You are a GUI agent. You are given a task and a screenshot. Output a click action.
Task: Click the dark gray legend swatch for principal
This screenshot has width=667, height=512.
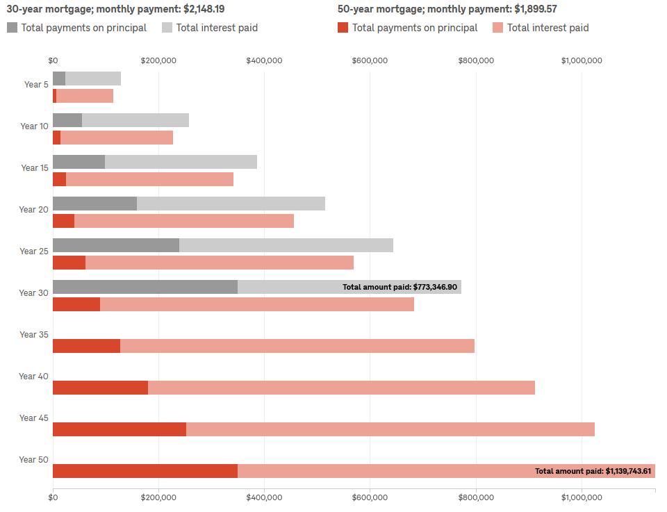pos(13,28)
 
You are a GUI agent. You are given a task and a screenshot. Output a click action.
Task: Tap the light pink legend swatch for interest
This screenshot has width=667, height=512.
pos(498,28)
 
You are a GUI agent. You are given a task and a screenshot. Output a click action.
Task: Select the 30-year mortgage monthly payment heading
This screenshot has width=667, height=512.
pos(115,9)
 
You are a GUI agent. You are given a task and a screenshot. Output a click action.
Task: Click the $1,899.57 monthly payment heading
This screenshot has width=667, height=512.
pos(447,9)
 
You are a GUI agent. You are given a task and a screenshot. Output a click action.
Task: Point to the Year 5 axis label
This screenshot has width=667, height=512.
pos(36,85)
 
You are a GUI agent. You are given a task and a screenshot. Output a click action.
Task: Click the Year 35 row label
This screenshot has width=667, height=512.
pos(33,335)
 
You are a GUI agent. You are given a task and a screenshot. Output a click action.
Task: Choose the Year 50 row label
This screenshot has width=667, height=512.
pos(33,460)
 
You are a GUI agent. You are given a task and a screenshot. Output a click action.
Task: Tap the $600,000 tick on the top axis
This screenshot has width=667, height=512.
pos(370,60)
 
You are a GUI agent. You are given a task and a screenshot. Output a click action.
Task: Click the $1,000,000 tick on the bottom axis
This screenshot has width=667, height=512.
pos(582,497)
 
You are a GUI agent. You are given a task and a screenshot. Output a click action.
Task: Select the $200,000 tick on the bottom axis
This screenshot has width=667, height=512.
pos(158,497)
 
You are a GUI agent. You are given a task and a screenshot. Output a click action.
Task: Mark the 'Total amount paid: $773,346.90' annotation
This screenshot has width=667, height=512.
pos(400,287)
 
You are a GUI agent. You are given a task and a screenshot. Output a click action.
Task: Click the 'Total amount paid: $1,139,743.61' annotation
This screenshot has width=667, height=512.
pos(594,471)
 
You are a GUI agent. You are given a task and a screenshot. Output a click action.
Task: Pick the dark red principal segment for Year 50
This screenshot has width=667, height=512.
pos(145,471)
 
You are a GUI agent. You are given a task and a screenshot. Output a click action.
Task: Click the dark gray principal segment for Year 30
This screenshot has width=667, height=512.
pos(145,287)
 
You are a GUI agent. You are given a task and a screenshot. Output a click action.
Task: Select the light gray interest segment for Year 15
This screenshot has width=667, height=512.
pos(181,162)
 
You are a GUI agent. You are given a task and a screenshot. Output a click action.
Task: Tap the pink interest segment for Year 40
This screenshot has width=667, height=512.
pos(340,388)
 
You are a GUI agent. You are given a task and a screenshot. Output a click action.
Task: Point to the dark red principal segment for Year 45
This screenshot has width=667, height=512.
pos(119,429)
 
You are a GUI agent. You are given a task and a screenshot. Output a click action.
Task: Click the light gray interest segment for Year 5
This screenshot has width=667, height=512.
pos(93,79)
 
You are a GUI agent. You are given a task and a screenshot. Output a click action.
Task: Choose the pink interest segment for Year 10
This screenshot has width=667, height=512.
pos(116,138)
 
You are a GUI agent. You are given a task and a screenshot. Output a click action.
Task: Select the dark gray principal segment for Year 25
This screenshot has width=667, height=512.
pos(115,245)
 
